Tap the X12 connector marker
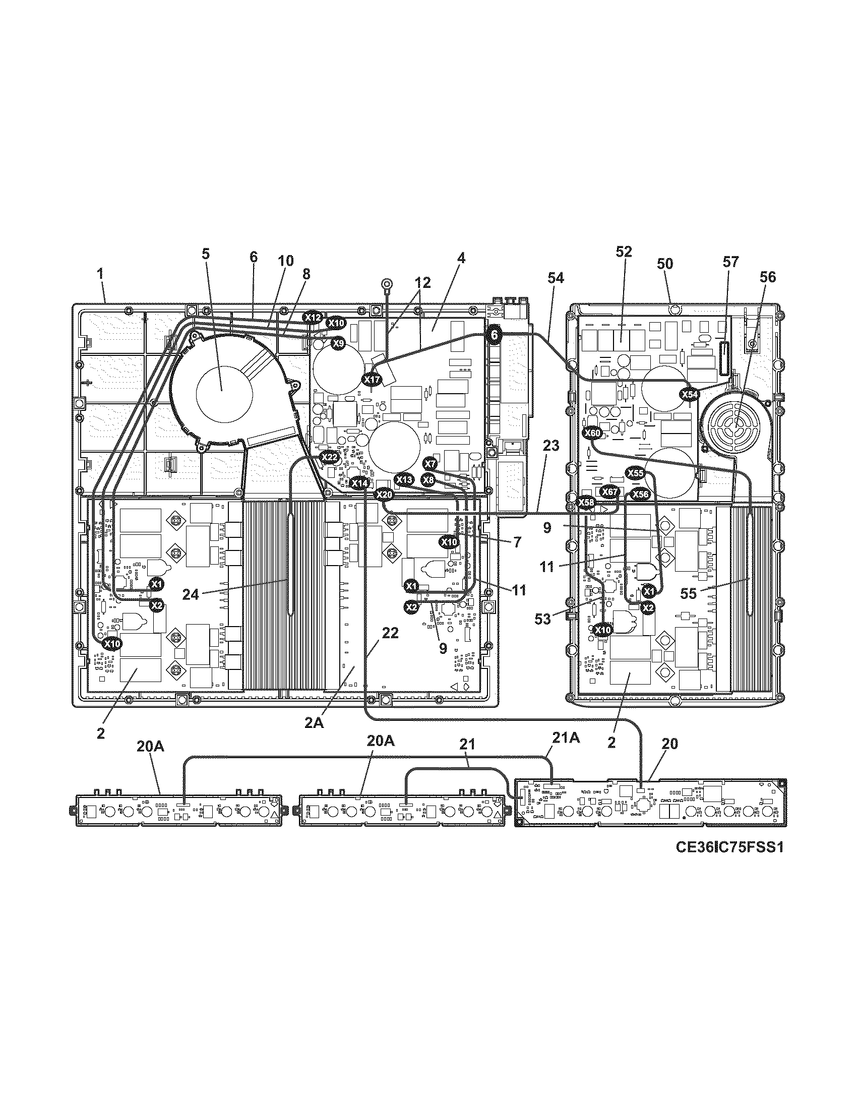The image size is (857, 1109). pos(312,318)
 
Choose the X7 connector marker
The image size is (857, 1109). pos(430,463)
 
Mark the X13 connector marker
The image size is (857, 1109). pos(405,479)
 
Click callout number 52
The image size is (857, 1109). pos(624,252)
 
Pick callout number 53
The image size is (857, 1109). pos(543,619)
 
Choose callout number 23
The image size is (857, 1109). pos(551,446)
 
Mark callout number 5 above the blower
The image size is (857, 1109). pos(205,254)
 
